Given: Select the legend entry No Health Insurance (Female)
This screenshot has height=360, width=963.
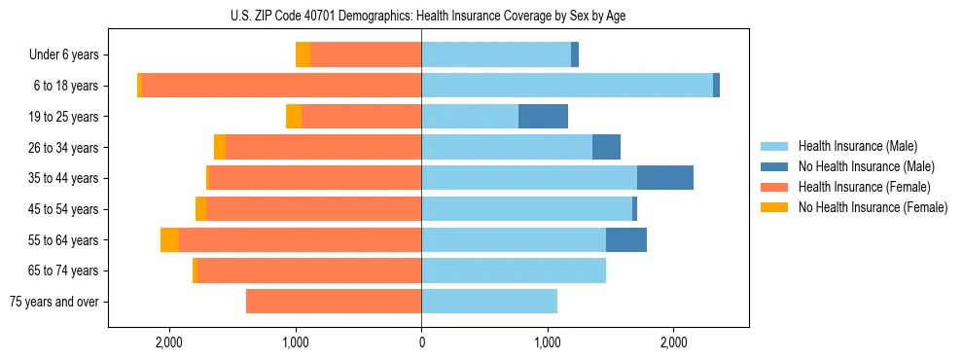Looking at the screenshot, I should [873, 207].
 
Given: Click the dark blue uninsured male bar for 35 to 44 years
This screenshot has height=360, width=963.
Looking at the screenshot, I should [665, 178].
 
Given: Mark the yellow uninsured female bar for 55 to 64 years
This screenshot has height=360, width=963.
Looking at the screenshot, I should [169, 240].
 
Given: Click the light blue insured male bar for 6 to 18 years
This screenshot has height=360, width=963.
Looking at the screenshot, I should [567, 86].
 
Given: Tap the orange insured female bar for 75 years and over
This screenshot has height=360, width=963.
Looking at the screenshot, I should [334, 302].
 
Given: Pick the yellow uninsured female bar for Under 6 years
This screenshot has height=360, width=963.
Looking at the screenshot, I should [303, 54].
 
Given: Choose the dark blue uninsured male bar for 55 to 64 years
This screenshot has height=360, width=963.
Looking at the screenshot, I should [626, 240].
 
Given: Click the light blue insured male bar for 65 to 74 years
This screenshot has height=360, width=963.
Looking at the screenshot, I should [514, 270].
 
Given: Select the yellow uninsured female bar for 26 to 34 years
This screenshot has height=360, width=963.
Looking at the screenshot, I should [220, 147].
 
